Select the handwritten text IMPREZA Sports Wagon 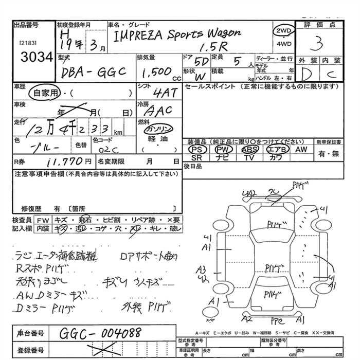coord(176,34)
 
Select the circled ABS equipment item coord(250,149)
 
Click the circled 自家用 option coord(45,93)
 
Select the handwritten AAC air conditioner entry coord(159,111)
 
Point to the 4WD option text coord(283,44)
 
